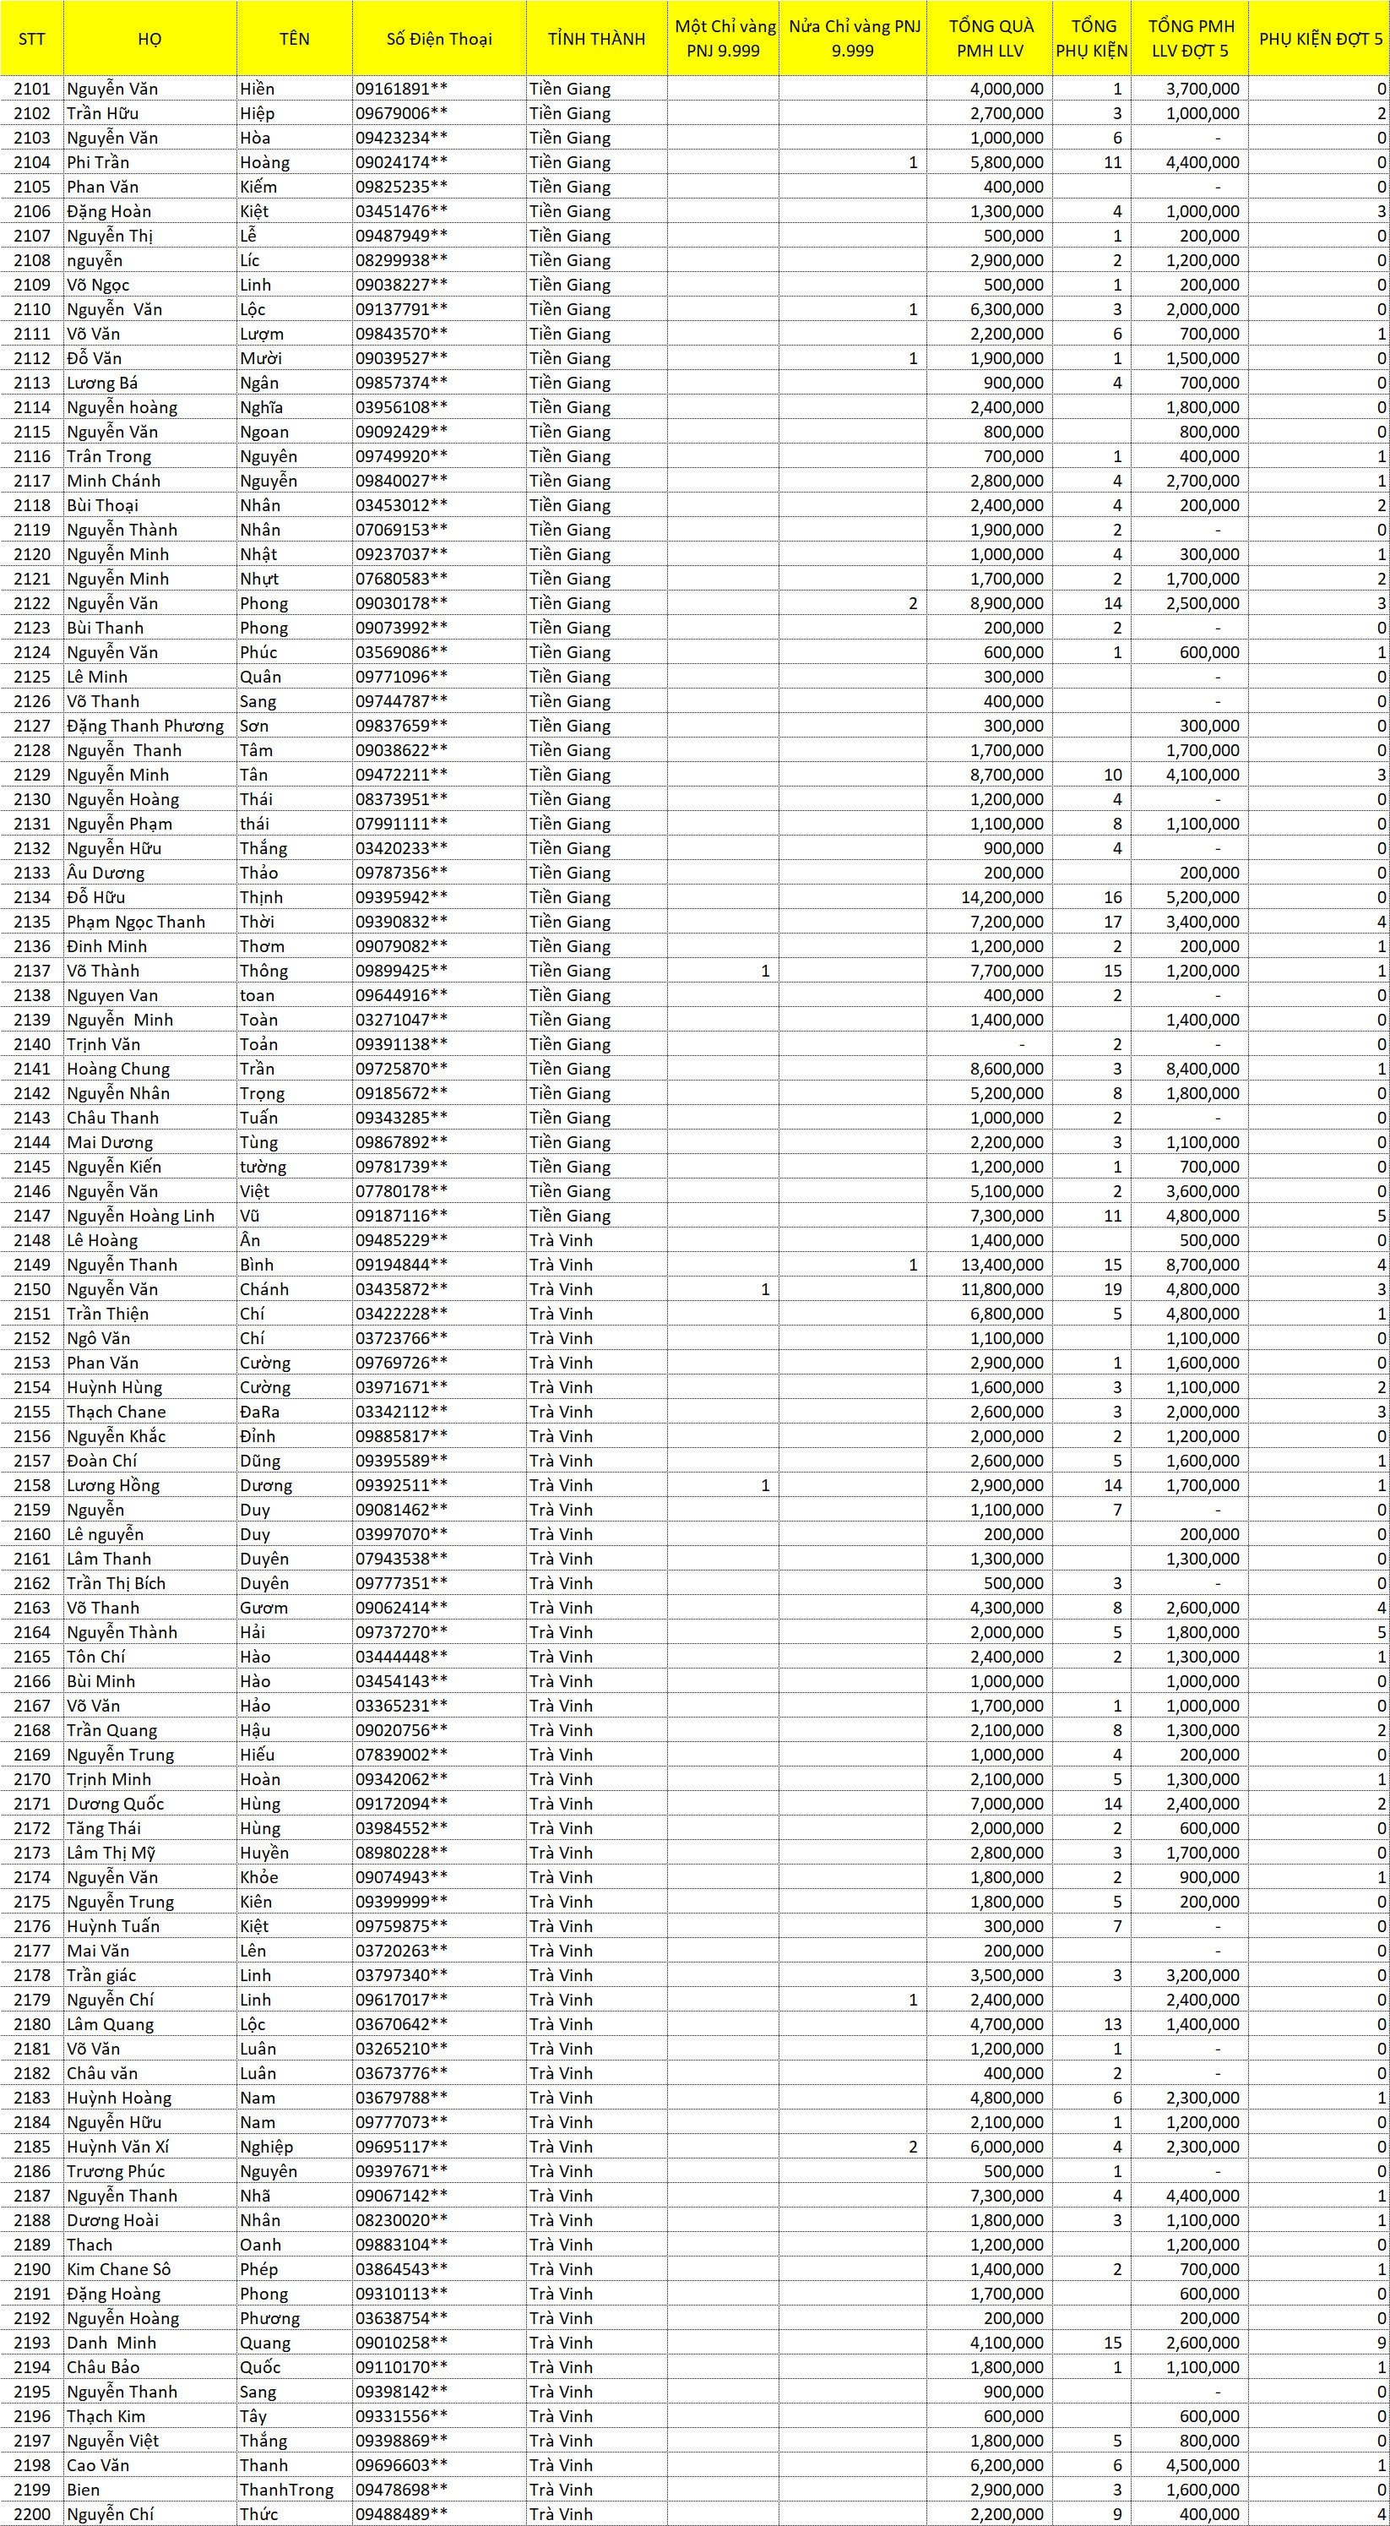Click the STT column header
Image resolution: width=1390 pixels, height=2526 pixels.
click(32, 39)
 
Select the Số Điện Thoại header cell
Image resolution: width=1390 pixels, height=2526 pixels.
click(438, 39)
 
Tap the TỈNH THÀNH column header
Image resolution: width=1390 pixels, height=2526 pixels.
click(596, 39)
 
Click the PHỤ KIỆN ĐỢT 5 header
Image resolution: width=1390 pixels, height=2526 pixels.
click(1319, 39)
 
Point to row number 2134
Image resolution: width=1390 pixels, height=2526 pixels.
click(32, 897)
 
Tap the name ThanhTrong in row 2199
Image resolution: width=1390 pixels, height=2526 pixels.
click(286, 2491)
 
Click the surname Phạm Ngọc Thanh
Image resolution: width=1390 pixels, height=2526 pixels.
click(136, 922)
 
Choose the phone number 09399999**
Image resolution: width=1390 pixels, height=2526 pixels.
click(401, 1903)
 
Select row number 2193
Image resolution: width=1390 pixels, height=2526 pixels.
click(32, 2344)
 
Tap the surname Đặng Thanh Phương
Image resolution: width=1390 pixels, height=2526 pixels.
click(145, 726)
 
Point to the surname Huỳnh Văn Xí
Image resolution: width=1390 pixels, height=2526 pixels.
click(117, 2148)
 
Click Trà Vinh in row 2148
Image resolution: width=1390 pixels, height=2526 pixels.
click(561, 1240)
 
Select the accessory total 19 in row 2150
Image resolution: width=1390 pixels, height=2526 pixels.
click(1111, 1289)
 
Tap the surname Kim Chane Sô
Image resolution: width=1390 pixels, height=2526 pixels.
click(118, 2270)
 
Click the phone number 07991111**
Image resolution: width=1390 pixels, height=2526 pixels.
click(401, 824)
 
